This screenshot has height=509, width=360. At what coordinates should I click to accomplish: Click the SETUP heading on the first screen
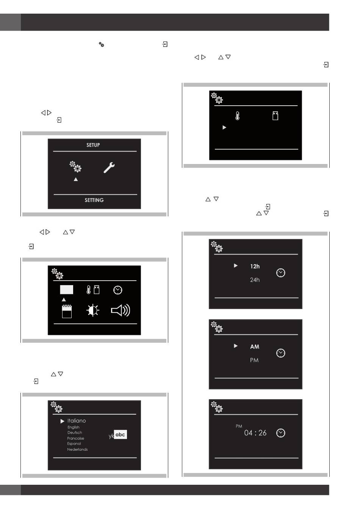coord(93,145)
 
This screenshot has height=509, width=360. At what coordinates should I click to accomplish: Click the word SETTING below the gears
coord(94,200)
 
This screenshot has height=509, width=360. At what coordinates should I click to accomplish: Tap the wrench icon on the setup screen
coord(109,168)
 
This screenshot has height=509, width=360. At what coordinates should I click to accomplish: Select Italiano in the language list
coord(77,421)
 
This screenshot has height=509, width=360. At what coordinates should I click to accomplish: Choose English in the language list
coord(73,428)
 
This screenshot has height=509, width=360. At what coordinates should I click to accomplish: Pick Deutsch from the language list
coord(75,432)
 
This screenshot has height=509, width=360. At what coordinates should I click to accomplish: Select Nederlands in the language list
coord(77,450)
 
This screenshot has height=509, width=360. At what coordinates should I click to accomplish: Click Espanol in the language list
coord(74,444)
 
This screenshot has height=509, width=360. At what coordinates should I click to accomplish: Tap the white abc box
coord(120,434)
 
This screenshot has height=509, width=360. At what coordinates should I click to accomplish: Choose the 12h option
coord(255,266)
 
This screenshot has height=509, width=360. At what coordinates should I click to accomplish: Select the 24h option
coord(255,280)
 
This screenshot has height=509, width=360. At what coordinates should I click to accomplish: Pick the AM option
coord(255,347)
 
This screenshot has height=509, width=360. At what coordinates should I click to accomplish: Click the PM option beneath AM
coord(254,361)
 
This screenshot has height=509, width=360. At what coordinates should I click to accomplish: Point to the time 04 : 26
coord(255,433)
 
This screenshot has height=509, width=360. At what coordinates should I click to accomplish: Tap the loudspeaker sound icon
coord(121,311)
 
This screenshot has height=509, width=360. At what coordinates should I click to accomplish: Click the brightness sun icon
coord(92,311)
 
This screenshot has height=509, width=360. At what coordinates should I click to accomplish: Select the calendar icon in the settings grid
coord(67,311)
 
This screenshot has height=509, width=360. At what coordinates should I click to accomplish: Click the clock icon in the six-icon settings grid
coord(118,290)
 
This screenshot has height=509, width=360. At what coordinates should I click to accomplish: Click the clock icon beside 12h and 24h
coord(281,273)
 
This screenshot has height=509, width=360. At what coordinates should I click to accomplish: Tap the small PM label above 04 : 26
coord(239,426)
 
